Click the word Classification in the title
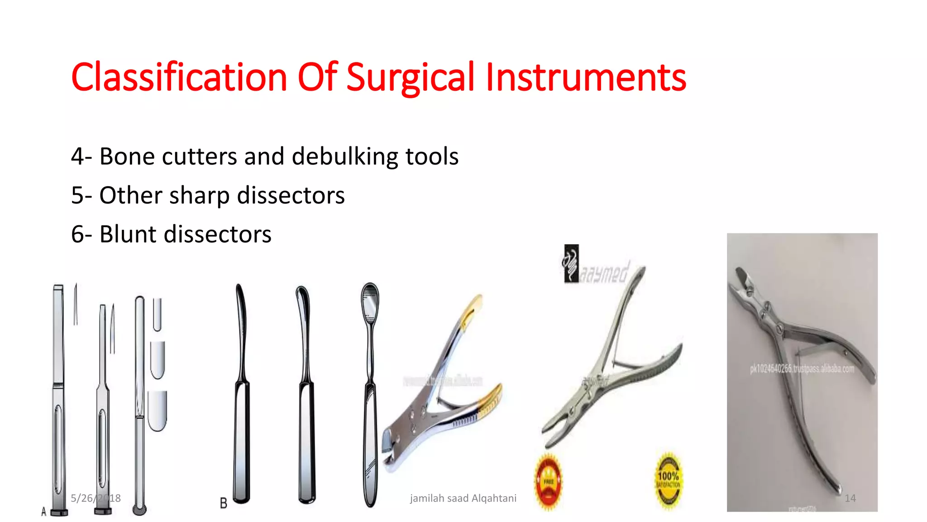[179, 77]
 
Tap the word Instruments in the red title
[586, 77]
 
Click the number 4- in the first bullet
[81, 157]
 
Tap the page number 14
[850, 498]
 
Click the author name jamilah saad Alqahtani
[463, 498]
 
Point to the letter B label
[223, 503]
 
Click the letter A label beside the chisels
[43, 512]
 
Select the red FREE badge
[548, 481]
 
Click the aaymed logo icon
[571, 263]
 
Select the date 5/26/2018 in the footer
[96, 498]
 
